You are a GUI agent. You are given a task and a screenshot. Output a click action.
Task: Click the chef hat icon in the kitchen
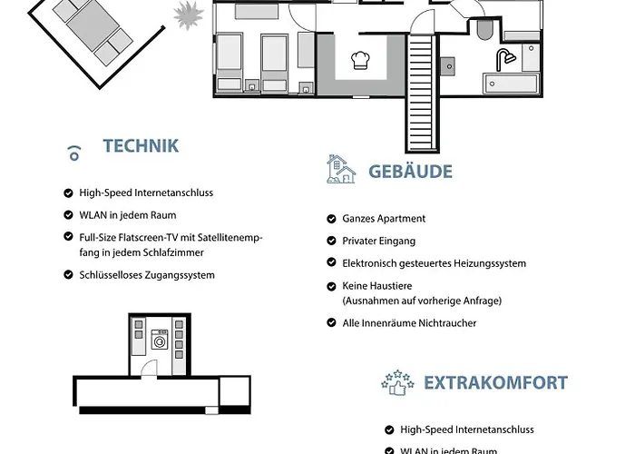[360, 61]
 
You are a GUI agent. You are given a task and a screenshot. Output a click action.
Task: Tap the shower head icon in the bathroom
[505, 59]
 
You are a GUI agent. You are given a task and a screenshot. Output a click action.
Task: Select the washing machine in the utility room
[160, 340]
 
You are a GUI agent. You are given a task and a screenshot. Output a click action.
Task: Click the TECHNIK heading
[141, 146]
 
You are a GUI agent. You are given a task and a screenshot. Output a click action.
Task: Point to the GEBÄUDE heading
[410, 172]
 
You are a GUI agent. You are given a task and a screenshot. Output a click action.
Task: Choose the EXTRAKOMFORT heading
[495, 383]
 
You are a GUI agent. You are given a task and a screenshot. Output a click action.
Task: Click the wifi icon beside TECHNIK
[74, 153]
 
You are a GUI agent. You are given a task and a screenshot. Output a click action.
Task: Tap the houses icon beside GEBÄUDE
[341, 169]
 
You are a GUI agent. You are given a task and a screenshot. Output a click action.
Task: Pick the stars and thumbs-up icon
[397, 382]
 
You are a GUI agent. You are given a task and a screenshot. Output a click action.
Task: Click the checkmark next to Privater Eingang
[331, 241]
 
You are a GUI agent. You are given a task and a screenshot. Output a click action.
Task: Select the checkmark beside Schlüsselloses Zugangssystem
[68, 275]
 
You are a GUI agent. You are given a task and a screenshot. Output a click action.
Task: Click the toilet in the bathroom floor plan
[484, 29]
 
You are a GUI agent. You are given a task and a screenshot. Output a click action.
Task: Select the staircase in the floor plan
[422, 93]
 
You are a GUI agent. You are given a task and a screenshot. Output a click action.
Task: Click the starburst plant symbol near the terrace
[189, 15]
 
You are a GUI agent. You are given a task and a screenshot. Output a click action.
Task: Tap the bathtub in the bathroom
[511, 84]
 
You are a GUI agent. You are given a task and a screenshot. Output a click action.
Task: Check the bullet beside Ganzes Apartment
[331, 219]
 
